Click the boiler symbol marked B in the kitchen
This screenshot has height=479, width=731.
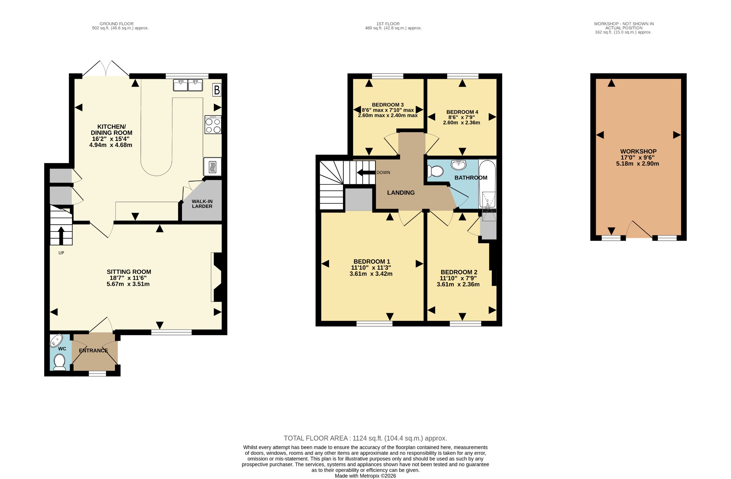(x=217, y=90)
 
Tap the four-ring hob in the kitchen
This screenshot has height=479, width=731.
(x=213, y=124)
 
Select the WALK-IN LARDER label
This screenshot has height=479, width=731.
(x=202, y=204)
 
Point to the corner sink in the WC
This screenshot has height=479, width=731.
(x=56, y=340)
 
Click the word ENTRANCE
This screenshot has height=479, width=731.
(x=93, y=351)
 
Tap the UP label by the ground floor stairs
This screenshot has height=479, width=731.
(x=61, y=253)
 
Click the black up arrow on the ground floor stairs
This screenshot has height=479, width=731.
(x=61, y=235)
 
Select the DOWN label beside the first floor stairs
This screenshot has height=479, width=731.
(x=383, y=173)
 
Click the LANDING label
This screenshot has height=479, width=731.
(x=401, y=193)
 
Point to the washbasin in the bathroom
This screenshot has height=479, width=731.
(x=458, y=164)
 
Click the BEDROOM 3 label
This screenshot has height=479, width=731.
(x=388, y=105)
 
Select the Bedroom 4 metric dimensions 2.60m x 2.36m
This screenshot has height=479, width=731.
(x=462, y=123)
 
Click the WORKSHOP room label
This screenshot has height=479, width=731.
(x=638, y=151)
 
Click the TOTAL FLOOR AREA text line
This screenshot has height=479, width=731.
(x=365, y=438)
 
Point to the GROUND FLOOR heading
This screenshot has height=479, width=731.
(x=117, y=24)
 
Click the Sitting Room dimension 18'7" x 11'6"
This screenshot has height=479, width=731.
(x=128, y=278)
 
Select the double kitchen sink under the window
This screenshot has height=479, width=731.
(x=188, y=85)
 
